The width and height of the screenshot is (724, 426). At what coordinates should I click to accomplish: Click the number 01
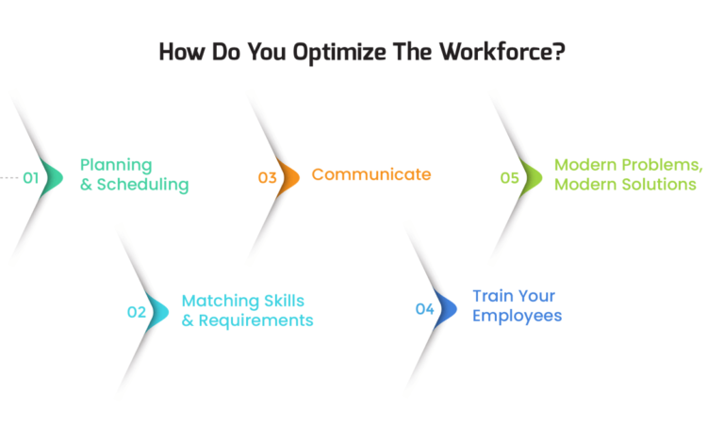pos(31,176)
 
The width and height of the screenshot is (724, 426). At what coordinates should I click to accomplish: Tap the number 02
pos(137,312)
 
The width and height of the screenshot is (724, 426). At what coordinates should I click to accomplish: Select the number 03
pos(268,176)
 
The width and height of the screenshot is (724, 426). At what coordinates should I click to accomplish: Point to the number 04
pos(425,308)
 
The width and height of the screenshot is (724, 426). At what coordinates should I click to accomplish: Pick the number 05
pos(510,176)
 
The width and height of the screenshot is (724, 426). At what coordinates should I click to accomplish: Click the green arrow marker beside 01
pos(53,176)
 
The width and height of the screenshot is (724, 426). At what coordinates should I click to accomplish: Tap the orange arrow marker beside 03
pos(289,176)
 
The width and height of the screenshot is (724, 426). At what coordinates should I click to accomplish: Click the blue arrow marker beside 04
pos(447,308)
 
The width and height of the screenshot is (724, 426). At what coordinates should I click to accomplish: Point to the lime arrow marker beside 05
pos(533,176)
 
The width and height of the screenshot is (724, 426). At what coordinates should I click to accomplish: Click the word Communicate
pos(371,174)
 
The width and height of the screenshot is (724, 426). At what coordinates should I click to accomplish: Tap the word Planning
pos(116,165)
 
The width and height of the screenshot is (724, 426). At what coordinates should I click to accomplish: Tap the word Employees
pos(517,316)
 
